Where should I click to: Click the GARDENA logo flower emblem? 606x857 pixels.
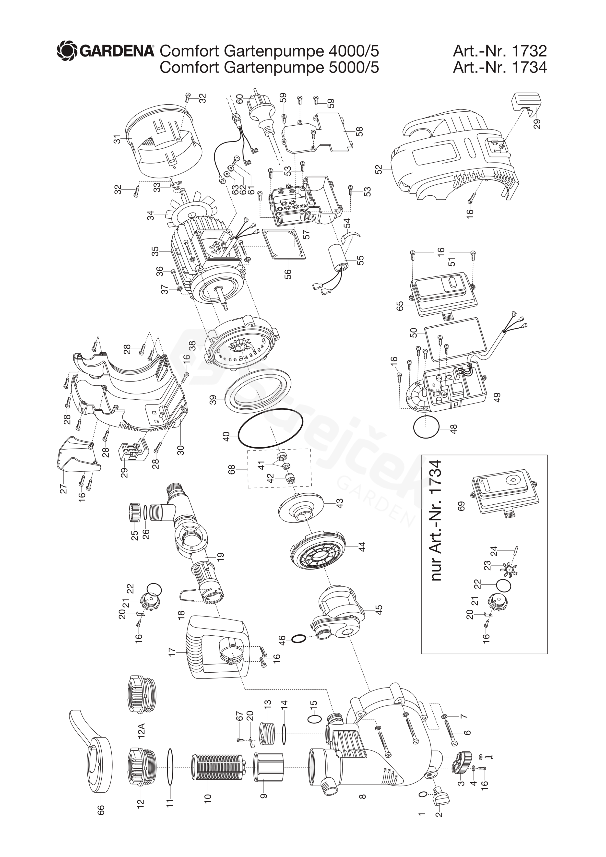click(x=67, y=51)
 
